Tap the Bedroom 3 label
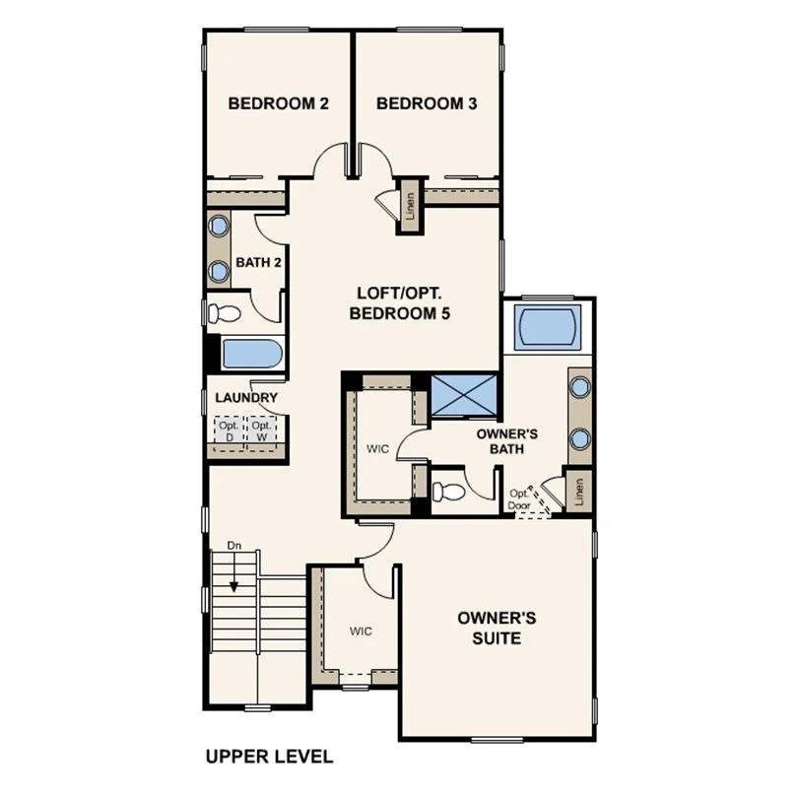[x=427, y=103]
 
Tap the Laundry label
[x=246, y=398]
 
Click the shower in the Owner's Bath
[x=463, y=392]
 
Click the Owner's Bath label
[x=505, y=440]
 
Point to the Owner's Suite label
[x=497, y=628]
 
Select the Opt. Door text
[x=519, y=499]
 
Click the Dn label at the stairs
[x=234, y=544]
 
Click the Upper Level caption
[x=269, y=757]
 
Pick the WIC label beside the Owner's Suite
[x=359, y=631]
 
